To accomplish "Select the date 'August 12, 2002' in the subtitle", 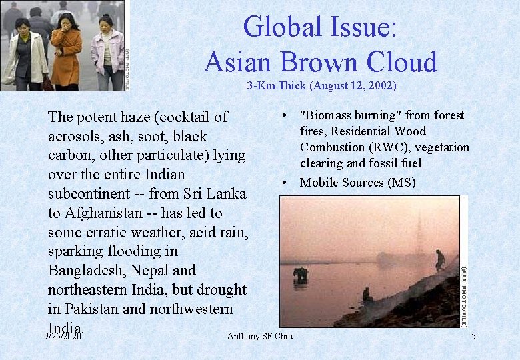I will click(349, 85).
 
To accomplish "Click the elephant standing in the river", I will click(301, 274).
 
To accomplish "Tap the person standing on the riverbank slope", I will click(440, 259).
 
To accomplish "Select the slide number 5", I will click(473, 336).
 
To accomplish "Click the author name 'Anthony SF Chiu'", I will click(259, 336).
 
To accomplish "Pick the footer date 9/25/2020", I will click(62, 336).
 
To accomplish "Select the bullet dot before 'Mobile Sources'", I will click(285, 182).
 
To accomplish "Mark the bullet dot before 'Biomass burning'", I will click(285, 115).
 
